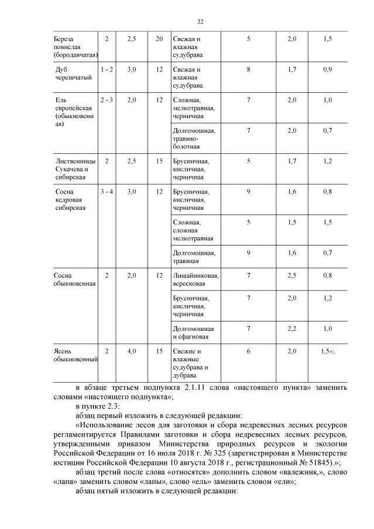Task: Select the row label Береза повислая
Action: click(73, 47)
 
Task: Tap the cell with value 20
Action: click(159, 39)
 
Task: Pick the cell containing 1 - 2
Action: click(107, 69)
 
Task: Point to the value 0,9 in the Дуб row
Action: click(327, 69)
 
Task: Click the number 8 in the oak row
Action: click(249, 69)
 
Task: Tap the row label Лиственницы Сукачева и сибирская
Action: click(71, 169)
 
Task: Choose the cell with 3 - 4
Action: click(107, 191)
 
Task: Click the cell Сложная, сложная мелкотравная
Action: click(193, 230)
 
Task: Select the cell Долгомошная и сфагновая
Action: click(193, 333)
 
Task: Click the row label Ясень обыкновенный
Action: click(74, 355)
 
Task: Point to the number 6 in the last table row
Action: click(249, 351)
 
